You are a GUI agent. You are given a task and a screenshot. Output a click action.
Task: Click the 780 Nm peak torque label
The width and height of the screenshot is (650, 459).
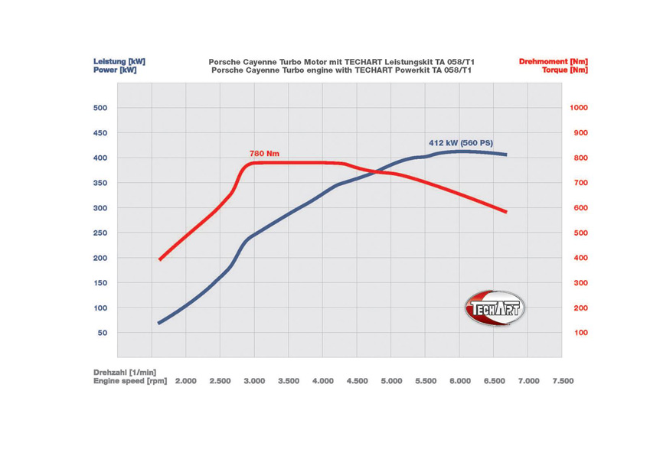click(265, 154)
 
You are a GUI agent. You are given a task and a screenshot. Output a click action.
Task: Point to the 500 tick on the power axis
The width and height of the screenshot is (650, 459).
click(100, 108)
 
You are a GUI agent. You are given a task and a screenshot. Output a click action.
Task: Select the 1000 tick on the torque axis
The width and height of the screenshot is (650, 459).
click(579, 108)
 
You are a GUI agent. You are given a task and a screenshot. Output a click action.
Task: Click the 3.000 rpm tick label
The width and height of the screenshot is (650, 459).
click(254, 380)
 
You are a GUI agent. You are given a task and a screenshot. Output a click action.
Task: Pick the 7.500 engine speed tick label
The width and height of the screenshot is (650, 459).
click(562, 380)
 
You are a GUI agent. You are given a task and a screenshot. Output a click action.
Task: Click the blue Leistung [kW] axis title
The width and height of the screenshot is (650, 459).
click(119, 61)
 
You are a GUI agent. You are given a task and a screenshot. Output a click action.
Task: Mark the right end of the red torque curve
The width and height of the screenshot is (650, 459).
click(506, 212)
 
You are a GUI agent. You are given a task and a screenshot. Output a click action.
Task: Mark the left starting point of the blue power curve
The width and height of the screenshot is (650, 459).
click(158, 323)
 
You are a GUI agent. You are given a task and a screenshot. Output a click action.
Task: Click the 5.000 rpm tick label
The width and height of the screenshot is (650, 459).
click(391, 380)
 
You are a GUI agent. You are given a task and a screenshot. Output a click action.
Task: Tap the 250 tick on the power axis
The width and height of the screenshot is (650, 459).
click(100, 233)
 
